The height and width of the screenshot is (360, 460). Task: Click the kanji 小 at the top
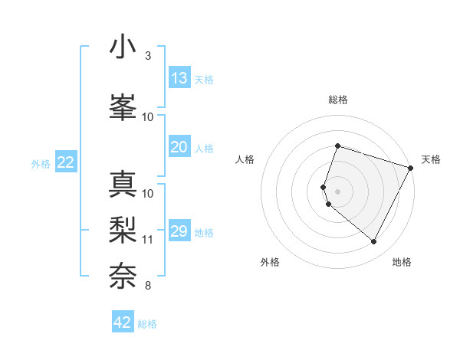click(x=123, y=47)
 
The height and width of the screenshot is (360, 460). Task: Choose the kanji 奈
click(x=123, y=275)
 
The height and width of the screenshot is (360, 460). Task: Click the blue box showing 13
click(x=179, y=78)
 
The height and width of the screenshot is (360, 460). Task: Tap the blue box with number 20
click(x=179, y=147)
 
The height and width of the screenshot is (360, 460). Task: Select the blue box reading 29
click(x=179, y=231)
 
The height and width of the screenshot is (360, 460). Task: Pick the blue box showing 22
click(x=66, y=162)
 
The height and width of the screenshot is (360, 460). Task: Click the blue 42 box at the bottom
click(x=123, y=322)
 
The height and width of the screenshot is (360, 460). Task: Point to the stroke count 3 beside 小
click(x=147, y=56)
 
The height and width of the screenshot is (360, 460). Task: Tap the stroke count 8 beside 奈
click(x=147, y=286)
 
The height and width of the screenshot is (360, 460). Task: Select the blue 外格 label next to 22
click(x=41, y=163)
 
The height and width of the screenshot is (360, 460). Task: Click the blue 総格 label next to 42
click(x=147, y=324)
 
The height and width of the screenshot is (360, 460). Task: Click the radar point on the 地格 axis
click(x=374, y=242)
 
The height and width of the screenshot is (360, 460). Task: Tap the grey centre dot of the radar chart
click(x=338, y=191)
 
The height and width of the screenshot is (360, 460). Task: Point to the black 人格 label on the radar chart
click(x=245, y=159)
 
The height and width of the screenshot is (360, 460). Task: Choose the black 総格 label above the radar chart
click(x=338, y=100)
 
